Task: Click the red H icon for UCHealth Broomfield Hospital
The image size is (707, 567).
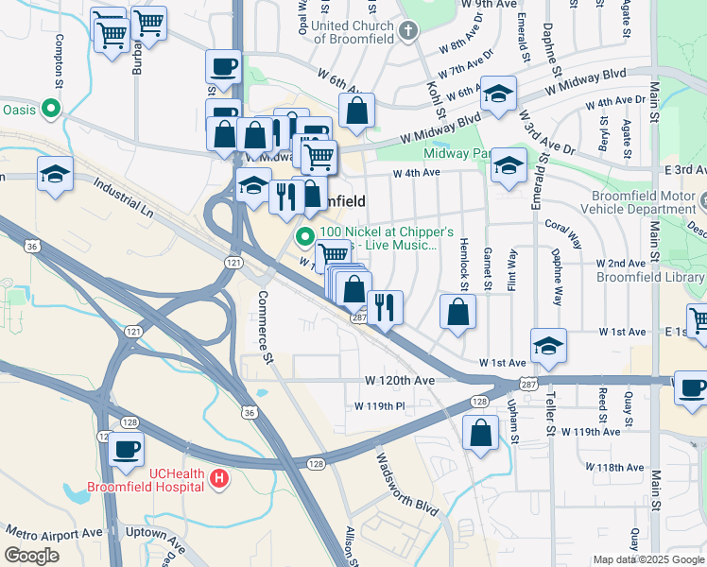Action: pos(219,479)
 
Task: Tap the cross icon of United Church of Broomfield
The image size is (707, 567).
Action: pos(407,31)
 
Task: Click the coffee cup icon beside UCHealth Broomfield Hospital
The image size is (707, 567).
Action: pos(126,449)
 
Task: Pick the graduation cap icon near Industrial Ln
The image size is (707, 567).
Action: pos(55,174)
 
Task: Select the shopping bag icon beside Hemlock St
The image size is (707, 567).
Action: pos(457,312)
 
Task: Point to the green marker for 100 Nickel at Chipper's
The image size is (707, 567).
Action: pos(304,237)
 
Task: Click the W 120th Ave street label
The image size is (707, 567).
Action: pos(400,380)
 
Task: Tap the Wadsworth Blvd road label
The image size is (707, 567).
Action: pos(408,484)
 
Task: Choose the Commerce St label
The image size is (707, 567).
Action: pos(265,327)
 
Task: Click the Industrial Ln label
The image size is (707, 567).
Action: pos(123,197)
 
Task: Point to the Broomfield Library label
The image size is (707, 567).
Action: pos(651,277)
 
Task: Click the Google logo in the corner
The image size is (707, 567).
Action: pos(31,556)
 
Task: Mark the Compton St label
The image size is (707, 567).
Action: pos(59,60)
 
